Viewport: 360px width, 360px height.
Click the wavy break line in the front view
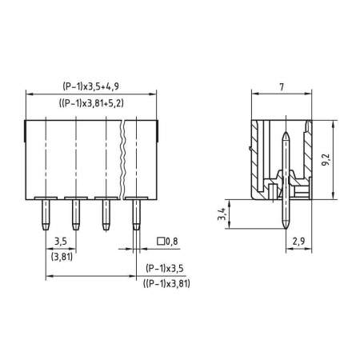point(122,156)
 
